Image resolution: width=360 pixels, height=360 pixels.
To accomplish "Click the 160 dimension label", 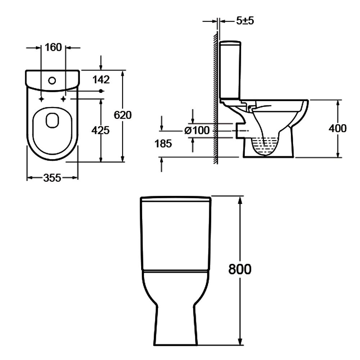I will click(x=54, y=47).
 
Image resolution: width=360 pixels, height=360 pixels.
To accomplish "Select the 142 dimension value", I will click(x=101, y=80).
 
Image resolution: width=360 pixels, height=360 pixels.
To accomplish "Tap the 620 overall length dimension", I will click(x=122, y=115).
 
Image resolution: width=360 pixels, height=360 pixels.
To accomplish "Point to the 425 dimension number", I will click(x=100, y=130).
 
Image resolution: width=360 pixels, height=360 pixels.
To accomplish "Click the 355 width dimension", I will click(x=52, y=177).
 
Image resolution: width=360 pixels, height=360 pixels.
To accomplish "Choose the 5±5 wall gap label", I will click(x=245, y=21).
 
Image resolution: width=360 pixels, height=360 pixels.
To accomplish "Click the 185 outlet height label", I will click(x=163, y=144).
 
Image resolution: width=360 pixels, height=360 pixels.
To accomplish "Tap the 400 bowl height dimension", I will click(x=338, y=128).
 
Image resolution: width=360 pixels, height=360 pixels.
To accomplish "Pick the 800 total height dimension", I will click(x=240, y=269).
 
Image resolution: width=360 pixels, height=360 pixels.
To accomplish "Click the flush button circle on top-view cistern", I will click(x=53, y=81).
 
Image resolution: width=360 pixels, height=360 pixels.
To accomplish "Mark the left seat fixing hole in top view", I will click(x=42, y=99).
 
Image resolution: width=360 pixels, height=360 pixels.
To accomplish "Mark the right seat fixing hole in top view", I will click(x=64, y=99).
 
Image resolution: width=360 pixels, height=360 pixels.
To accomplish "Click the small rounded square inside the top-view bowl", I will click(x=52, y=121).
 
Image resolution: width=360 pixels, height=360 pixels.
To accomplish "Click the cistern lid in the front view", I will click(x=175, y=199).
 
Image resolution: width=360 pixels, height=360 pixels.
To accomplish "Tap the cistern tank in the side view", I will click(x=230, y=70).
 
